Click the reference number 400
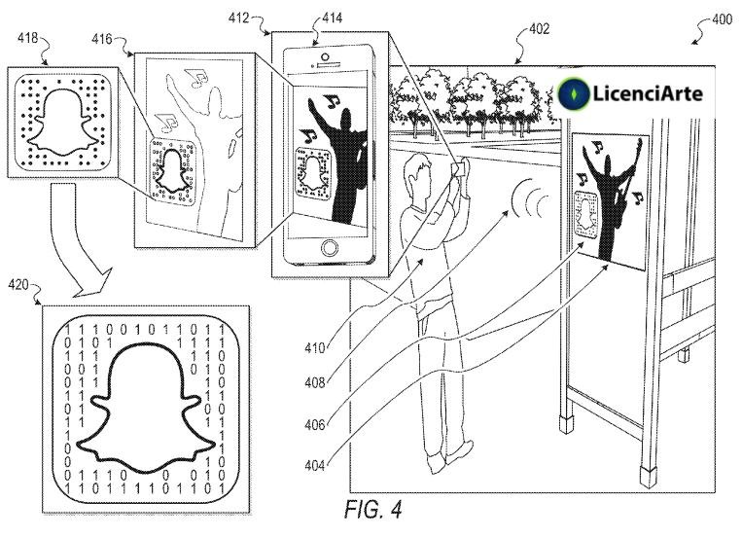(x=721, y=18)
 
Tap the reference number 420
(x=18, y=286)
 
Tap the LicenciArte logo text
(x=648, y=93)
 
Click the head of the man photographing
(x=421, y=171)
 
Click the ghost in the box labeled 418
(x=60, y=122)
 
